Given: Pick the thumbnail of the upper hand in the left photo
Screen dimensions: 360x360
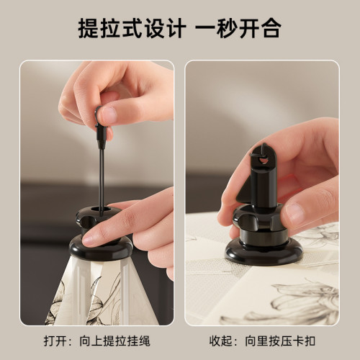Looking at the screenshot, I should point(108,114).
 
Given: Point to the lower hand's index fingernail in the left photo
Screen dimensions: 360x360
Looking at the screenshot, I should point(92,236).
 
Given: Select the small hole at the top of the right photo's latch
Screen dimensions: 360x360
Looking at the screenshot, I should point(264,150).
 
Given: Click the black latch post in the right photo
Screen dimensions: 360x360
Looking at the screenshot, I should point(263,180).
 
